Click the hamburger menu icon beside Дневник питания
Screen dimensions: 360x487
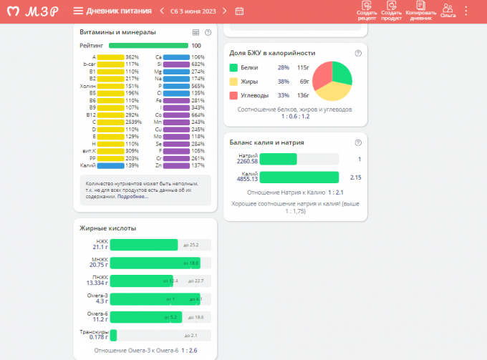coord(78,11)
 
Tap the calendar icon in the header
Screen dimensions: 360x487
coord(239,11)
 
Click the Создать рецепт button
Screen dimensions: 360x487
coord(366,10)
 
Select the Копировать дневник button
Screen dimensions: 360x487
coord(420,10)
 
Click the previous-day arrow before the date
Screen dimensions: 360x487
coord(163,11)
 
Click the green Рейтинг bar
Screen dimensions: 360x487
coord(148,45)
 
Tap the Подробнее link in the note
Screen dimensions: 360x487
coord(132,196)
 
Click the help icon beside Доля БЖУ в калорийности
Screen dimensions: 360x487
coord(358,53)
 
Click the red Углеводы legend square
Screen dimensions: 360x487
coord(233,95)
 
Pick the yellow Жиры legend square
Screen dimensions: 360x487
coord(233,82)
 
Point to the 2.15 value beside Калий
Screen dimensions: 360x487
coord(355,177)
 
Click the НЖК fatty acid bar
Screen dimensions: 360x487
coord(143,245)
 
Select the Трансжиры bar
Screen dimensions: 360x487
coord(113,335)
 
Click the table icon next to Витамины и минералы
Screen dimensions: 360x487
coord(196,32)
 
